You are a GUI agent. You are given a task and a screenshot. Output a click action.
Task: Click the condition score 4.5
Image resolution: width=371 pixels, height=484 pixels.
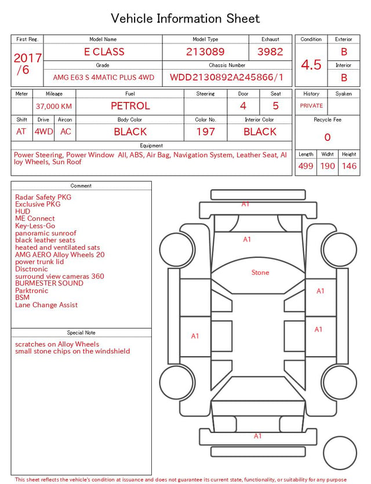point(311,65)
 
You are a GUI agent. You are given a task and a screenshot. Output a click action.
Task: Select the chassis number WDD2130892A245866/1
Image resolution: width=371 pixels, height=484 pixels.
point(227,77)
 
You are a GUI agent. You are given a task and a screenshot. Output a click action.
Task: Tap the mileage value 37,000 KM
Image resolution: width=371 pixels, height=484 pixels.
point(54,107)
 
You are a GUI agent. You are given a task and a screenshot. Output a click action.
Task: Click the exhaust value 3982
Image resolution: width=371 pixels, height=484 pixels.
point(270,52)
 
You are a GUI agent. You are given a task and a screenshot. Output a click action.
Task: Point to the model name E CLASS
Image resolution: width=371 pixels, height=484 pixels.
point(104,52)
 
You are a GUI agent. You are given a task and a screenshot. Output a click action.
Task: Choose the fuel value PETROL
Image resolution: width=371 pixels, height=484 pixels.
point(130,106)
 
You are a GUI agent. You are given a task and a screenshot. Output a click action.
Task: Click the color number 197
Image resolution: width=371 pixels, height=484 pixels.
point(206,132)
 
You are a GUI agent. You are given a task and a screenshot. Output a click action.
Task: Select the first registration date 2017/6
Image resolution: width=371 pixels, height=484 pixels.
point(27,64)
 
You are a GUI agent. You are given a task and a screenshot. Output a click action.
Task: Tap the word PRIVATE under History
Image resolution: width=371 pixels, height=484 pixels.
point(311,106)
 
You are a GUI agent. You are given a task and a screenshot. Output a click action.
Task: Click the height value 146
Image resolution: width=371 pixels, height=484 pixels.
point(349,166)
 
